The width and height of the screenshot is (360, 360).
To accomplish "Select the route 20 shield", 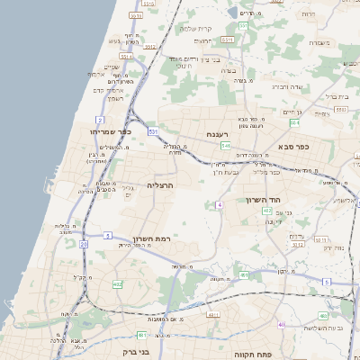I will [x=83, y=243].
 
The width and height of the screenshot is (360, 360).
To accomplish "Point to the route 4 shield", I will [x=219, y=204].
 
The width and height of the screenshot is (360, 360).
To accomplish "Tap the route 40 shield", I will [x=282, y=324].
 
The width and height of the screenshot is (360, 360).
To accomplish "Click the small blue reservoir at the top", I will [x=232, y=13].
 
